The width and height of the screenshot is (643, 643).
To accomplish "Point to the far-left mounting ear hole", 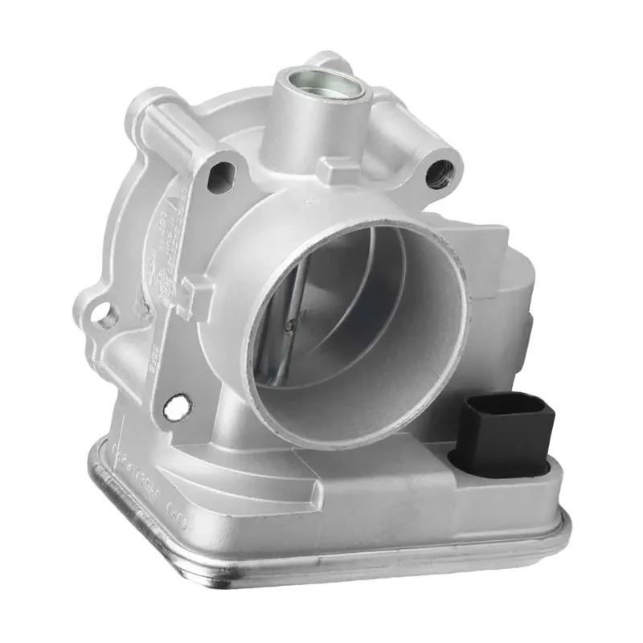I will click(105, 318).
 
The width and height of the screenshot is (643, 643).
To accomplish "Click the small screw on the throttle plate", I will click(291, 325).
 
